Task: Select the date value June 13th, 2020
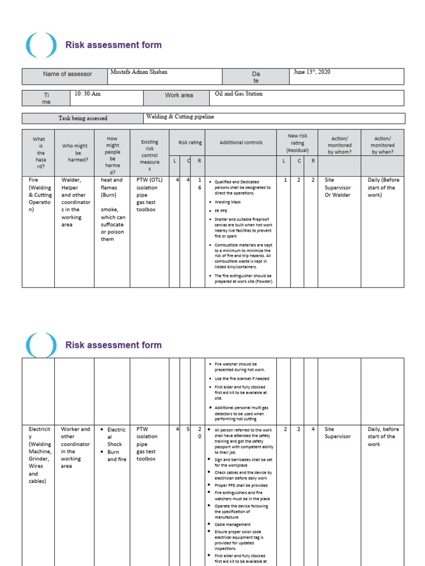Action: [313, 72]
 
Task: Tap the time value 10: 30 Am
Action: [87, 94]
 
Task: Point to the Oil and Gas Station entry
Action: [239, 94]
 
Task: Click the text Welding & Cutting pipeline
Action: [180, 117]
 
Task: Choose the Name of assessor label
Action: [68, 74]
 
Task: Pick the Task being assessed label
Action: [83, 118]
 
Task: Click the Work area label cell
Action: [179, 96]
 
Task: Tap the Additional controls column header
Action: [241, 143]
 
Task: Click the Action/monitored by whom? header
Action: [339, 145]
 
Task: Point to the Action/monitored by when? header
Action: [383, 145]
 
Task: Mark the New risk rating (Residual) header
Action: [297, 143]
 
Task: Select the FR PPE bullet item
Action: [221, 211]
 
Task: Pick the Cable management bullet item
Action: [232, 525]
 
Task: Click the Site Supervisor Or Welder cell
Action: [338, 187]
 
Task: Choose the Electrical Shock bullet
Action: [116, 437]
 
